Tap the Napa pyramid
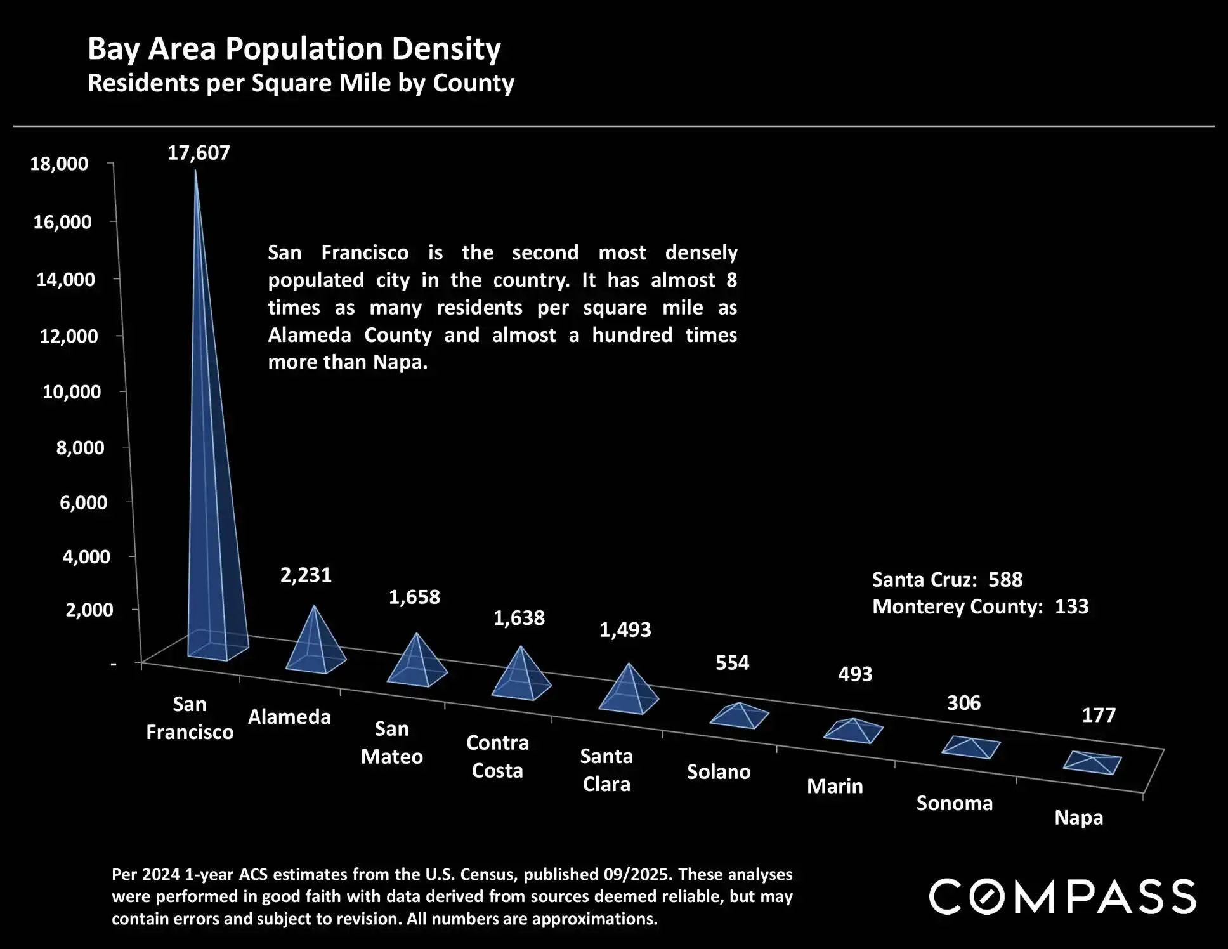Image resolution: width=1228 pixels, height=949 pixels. (x=1092, y=762)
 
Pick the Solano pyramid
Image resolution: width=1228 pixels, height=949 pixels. (x=739, y=716)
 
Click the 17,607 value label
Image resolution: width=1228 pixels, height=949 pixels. (x=199, y=153)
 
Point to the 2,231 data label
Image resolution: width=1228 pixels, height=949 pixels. (x=306, y=575)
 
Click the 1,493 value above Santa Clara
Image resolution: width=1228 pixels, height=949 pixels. (x=625, y=629)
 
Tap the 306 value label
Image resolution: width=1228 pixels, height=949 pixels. (x=963, y=703)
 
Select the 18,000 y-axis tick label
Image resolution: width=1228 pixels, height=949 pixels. (x=59, y=164)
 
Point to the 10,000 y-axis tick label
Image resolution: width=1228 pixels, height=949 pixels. (x=71, y=391)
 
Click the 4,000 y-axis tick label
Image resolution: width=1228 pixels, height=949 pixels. (x=86, y=556)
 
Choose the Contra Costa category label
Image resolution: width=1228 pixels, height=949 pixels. (x=497, y=756)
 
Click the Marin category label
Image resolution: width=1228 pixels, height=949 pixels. (x=835, y=786)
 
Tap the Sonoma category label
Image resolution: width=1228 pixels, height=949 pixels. (x=954, y=803)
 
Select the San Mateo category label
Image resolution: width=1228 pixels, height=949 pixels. (x=391, y=742)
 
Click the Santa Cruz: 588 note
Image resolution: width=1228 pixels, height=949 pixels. (x=947, y=579)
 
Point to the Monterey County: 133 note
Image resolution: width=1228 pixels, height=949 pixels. (x=980, y=606)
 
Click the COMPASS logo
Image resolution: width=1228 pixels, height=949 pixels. (x=1062, y=896)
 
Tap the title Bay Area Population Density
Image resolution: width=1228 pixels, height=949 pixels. (x=294, y=49)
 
